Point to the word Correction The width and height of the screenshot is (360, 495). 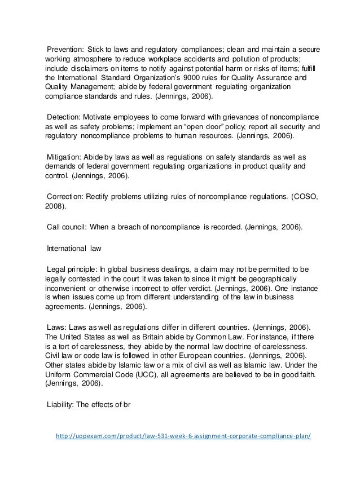point(64,197)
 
